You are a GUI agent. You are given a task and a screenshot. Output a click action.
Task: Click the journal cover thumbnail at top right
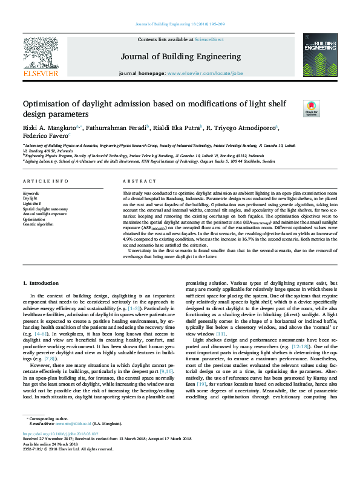319,57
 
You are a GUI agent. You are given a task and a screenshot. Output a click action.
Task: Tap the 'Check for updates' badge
311,108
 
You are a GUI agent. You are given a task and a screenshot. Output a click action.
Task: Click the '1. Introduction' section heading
41,283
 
